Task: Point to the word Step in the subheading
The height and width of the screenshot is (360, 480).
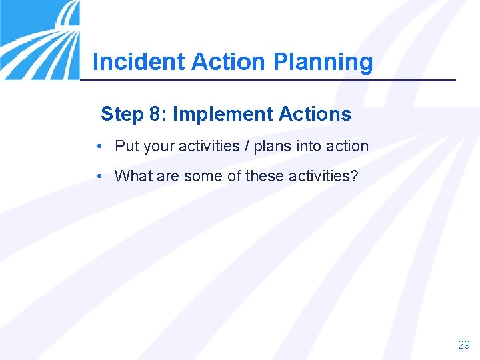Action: (122, 115)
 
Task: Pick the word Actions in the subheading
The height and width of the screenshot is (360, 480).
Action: (315, 115)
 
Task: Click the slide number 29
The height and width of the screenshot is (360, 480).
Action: (464, 345)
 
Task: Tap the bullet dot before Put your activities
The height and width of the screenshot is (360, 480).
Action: (99, 146)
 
